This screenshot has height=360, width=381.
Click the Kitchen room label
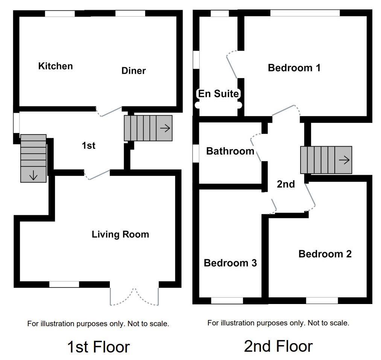55,66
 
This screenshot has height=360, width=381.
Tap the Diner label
134,71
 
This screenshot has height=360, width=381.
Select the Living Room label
120,234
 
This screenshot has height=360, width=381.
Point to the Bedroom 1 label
294,68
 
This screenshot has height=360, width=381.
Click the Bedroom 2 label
325,254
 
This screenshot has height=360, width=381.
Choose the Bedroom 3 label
230,263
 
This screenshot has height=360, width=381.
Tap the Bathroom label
230,151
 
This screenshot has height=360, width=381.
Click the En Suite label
219,94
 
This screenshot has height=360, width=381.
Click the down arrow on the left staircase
33,175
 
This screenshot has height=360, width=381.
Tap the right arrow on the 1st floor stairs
165,128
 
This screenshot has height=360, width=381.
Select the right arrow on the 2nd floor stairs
344,160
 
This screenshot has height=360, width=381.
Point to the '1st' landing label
88,146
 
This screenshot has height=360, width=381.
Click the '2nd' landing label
286,185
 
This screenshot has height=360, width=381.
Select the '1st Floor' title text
99,346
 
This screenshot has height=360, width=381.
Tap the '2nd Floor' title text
278,346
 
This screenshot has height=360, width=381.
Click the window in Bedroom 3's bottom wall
227,301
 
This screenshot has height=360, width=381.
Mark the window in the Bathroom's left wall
196,153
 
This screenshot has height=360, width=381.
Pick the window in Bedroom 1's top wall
305,13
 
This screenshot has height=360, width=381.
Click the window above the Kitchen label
60,14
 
